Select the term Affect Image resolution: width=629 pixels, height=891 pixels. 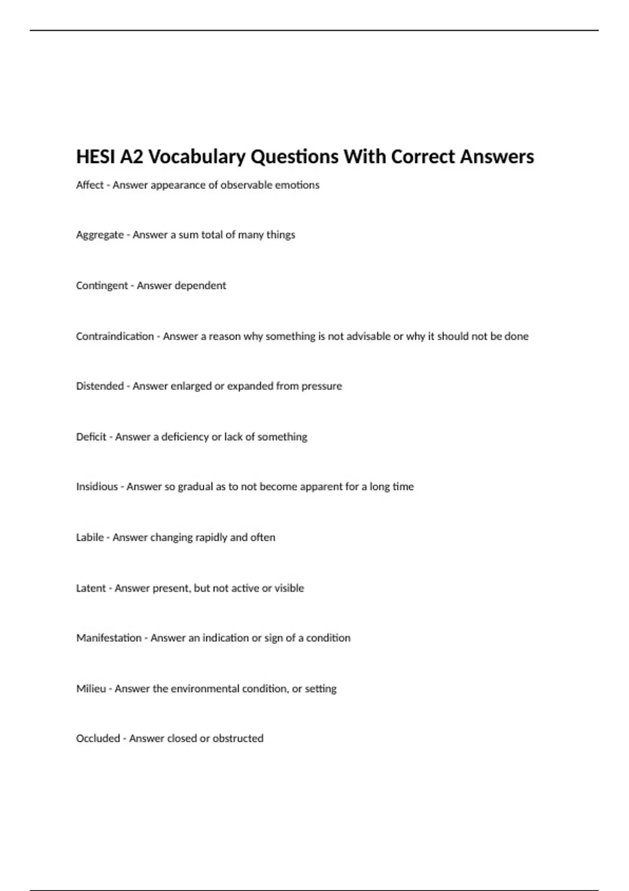click(90, 185)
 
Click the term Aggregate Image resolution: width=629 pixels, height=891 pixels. click(100, 235)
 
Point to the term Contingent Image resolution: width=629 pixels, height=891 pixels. click(102, 286)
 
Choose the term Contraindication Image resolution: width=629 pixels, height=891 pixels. click(115, 336)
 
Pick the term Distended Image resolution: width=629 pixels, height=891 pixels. click(100, 386)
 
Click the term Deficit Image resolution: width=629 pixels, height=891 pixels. click(91, 437)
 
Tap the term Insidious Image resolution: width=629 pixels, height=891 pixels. click(97, 486)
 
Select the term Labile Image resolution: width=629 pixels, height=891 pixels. click(90, 537)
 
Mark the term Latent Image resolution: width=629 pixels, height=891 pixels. click(91, 588)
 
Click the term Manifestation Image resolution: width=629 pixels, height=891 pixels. click(109, 638)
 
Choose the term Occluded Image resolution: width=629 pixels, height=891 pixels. click(98, 738)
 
